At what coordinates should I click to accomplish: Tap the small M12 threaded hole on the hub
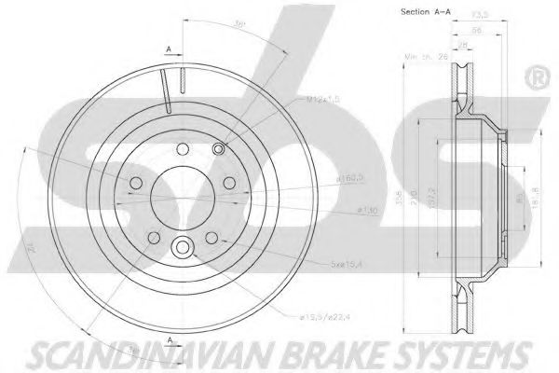point(218,149)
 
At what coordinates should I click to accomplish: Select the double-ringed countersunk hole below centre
point(182,247)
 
